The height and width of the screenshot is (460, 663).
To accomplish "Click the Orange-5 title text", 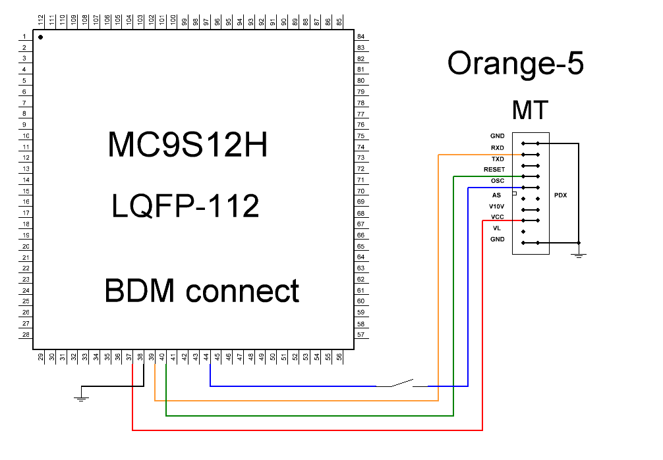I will point(515,64).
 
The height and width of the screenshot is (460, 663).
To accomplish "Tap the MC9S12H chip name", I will point(187,145).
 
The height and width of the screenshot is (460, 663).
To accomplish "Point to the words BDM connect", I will point(202,291).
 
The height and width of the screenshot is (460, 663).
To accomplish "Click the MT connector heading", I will point(530,110).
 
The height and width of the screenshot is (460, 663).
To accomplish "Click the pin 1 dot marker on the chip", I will point(40,38).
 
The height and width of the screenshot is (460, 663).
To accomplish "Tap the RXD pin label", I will point(498,148).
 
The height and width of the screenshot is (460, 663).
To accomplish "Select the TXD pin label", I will point(498,159).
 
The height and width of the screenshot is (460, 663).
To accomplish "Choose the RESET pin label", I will point(494,170).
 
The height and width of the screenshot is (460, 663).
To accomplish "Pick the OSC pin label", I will point(498,180).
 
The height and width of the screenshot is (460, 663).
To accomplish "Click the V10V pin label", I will point(496,207).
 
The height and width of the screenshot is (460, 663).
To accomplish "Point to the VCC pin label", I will point(498,217).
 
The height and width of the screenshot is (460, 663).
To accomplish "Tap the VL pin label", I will point(497,228).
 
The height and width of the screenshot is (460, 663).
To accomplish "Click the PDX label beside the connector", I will point(560,195).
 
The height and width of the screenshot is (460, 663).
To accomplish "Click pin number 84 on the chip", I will point(360,36).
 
